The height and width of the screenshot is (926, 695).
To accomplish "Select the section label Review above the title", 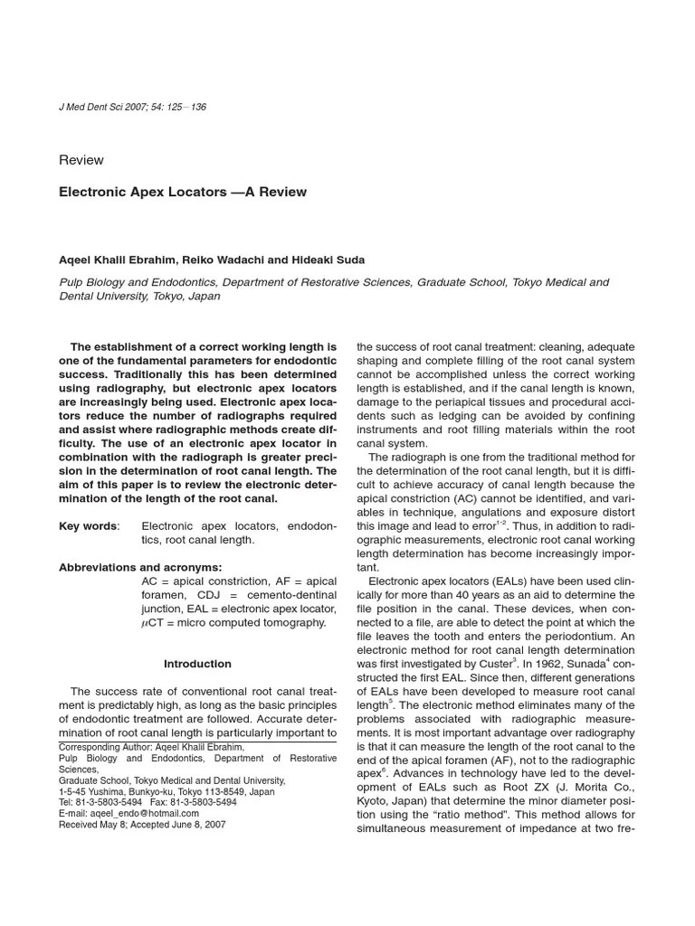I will (x=81, y=160).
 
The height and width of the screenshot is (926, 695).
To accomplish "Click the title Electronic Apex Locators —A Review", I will (x=183, y=192).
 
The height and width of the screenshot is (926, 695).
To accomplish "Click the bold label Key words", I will (x=88, y=525).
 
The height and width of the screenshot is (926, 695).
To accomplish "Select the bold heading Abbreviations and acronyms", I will (x=140, y=567).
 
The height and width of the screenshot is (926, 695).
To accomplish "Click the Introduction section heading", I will (x=197, y=664).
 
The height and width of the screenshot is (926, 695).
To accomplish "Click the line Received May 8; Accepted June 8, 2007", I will (x=142, y=825).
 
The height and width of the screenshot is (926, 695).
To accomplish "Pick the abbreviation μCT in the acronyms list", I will (x=154, y=623).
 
